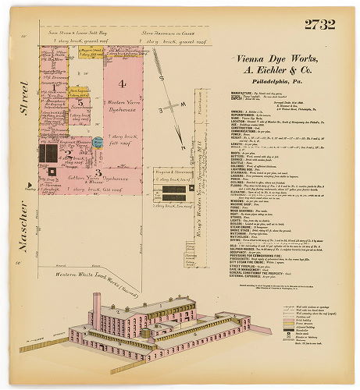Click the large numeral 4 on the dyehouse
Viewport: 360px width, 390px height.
point(122,83)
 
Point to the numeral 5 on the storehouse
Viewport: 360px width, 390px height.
point(80,102)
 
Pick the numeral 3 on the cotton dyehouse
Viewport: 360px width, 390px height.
point(98,172)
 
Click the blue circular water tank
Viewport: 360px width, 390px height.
point(99,143)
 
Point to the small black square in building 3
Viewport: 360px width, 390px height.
point(52,170)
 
